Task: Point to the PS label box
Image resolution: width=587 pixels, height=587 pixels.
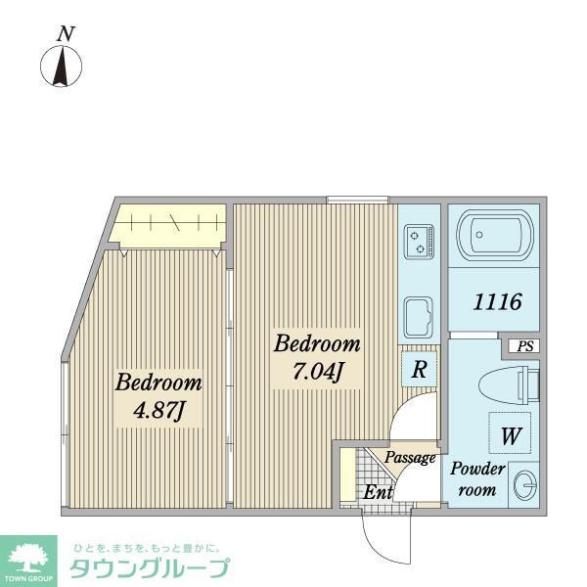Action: pos(525,345)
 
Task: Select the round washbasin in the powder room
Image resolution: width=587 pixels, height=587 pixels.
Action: pos(524,485)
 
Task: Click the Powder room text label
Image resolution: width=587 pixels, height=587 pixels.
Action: pos(477,479)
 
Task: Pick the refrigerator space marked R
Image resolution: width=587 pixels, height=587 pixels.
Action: pos(418,370)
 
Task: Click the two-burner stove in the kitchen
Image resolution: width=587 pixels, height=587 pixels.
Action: pos(420,240)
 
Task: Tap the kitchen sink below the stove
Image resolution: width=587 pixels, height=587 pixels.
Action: pos(420,316)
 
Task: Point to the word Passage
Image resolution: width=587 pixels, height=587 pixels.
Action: pos(409,458)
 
